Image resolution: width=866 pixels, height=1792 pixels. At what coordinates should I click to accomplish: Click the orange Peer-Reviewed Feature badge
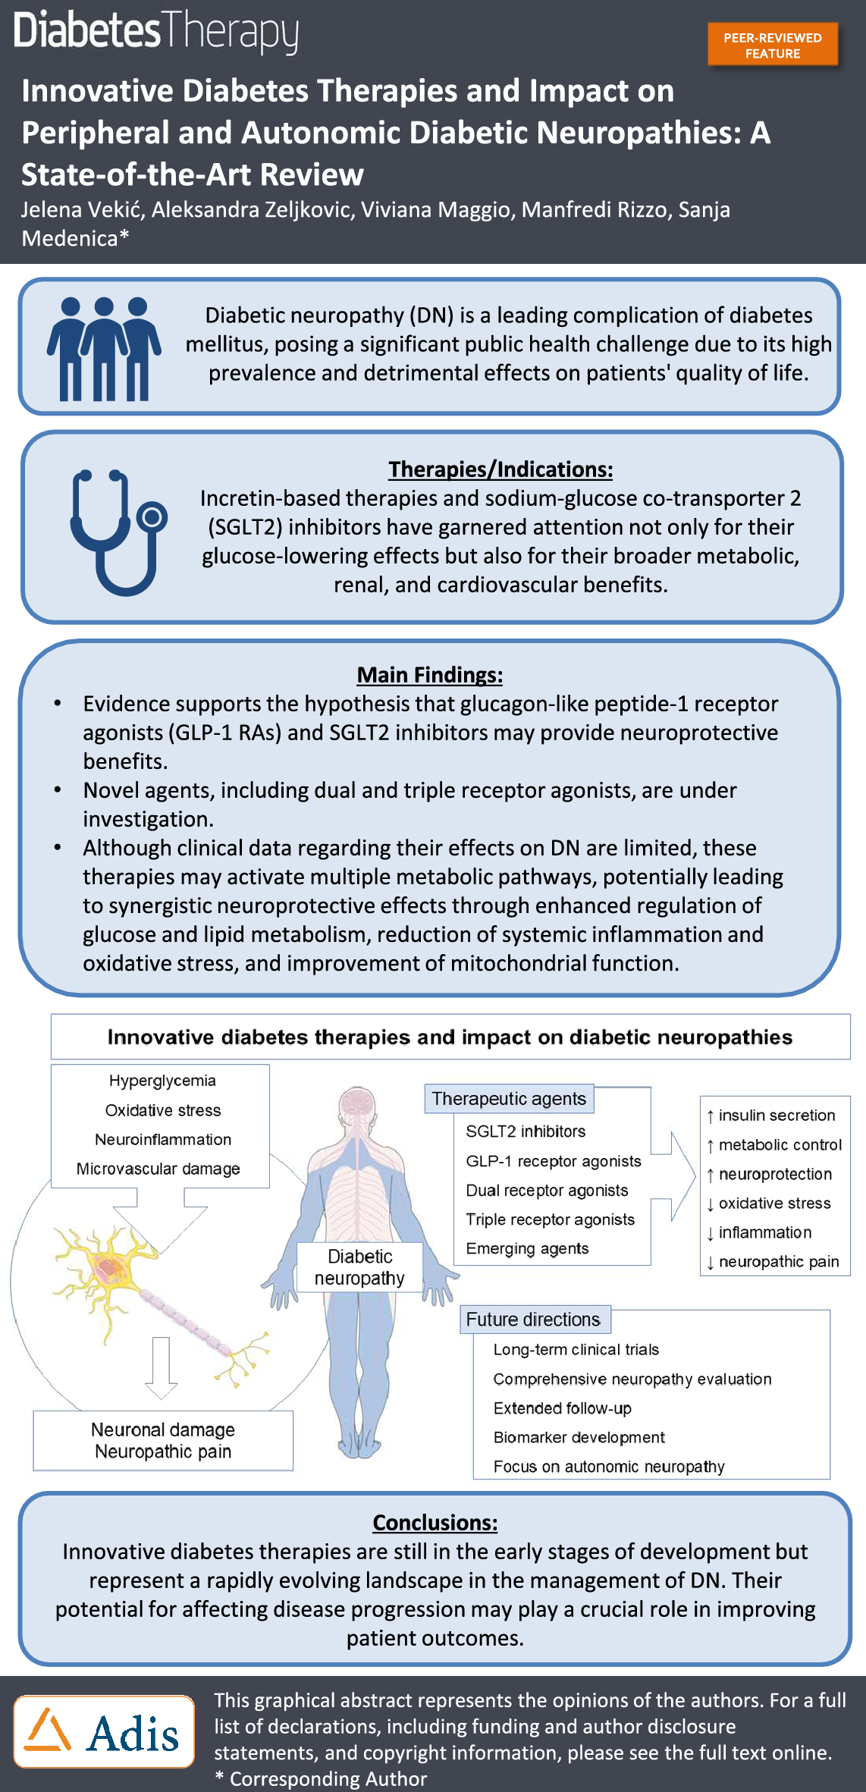(773, 46)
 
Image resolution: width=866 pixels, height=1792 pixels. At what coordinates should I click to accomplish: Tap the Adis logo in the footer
(104, 1731)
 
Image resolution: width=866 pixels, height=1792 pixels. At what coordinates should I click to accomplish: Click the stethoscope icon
(118, 532)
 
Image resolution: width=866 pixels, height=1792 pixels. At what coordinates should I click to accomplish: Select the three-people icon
(104, 349)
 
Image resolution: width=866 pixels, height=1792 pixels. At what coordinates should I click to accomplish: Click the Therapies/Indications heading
(500, 469)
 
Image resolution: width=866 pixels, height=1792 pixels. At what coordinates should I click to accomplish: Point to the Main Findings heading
(430, 675)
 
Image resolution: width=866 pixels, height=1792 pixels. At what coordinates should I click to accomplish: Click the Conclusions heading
(435, 1523)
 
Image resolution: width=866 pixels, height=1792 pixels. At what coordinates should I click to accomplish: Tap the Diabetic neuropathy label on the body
(359, 1267)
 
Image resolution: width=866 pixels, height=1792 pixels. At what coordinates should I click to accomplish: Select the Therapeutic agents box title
(509, 1099)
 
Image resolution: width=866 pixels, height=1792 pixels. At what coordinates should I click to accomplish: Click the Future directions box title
(533, 1320)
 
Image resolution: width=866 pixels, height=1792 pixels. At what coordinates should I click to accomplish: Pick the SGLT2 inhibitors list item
(526, 1131)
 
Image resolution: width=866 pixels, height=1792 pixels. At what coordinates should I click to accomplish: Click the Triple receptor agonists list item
(550, 1219)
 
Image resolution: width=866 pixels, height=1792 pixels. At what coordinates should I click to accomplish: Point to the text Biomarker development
(579, 1437)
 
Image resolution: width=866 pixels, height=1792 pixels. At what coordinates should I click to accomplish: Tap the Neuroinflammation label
(163, 1140)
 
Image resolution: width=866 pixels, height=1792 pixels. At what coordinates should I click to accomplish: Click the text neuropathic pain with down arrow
(773, 1262)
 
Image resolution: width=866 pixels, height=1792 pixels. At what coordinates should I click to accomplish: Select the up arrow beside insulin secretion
(710, 1116)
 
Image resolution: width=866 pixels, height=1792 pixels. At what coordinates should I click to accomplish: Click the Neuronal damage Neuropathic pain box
(163, 1440)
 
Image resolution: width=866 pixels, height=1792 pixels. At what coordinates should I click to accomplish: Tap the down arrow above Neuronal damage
(161, 1367)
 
